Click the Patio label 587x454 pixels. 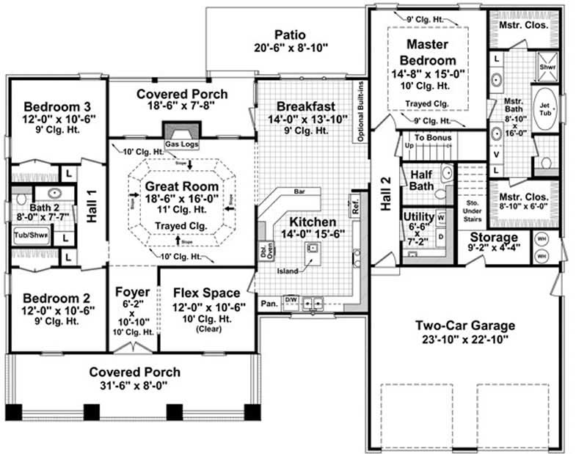289,35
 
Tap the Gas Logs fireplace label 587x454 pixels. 181,144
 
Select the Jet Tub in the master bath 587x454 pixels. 544,106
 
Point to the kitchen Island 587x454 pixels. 313,250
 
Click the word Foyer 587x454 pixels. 133,293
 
